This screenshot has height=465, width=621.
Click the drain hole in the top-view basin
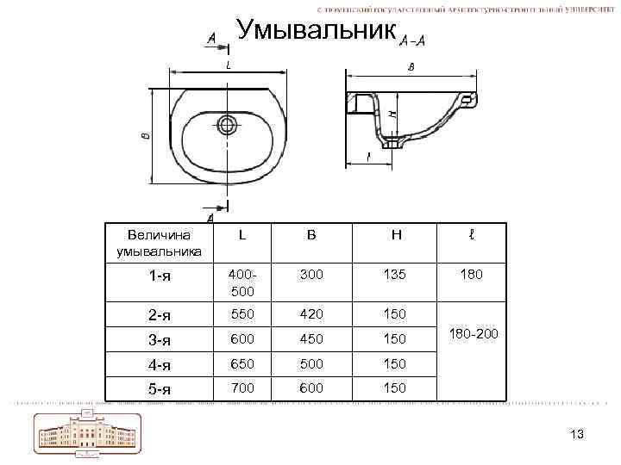pos(228,125)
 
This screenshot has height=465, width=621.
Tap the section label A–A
pos(412,40)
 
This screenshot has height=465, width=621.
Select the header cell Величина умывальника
pos(160,243)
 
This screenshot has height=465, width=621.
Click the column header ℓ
pos(471,234)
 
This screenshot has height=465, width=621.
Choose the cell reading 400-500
pos(241,282)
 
